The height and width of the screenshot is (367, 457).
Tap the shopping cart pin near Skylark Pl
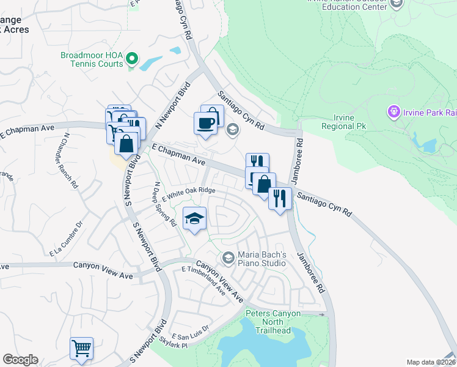81,349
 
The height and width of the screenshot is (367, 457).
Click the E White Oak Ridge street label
189,191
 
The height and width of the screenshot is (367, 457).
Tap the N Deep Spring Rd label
165,204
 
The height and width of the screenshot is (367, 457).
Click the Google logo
20,360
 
